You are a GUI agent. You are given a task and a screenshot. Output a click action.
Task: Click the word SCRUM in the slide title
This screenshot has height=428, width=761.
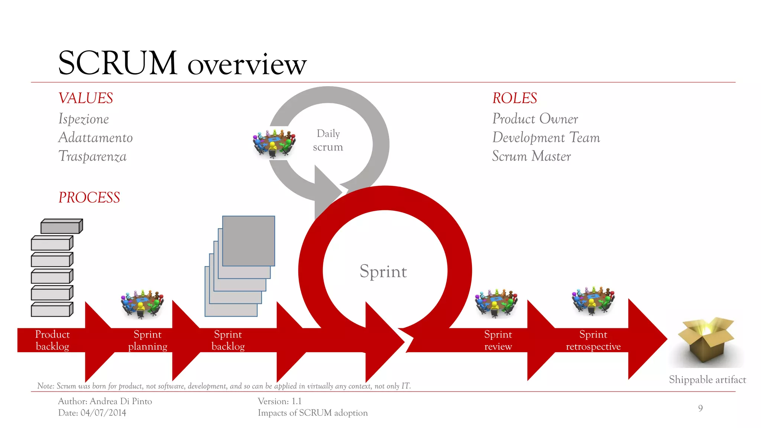[x=117, y=63]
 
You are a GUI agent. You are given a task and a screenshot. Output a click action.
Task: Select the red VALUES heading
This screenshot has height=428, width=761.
[x=86, y=98]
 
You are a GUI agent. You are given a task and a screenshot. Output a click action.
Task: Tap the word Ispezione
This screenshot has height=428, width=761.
[x=84, y=119]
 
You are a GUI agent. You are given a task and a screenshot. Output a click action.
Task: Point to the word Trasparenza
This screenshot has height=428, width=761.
[x=93, y=156]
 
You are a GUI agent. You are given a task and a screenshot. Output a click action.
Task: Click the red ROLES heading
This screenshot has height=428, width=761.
[x=515, y=98]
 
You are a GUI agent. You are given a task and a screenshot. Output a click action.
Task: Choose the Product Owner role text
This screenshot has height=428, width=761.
[x=535, y=119]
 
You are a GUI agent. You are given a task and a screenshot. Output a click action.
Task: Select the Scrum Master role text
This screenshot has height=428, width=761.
[x=531, y=156]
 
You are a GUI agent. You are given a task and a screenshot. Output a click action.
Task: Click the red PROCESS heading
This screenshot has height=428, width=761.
[x=89, y=197]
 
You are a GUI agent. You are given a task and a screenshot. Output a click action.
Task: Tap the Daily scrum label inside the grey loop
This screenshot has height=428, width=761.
[x=328, y=140]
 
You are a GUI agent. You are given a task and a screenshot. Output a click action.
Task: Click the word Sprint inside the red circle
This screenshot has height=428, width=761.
[x=383, y=271]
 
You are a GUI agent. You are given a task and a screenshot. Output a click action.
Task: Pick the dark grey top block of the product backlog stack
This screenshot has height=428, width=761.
[x=61, y=226]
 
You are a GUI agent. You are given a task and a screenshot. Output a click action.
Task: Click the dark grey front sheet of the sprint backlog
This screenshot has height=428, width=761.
[x=248, y=241]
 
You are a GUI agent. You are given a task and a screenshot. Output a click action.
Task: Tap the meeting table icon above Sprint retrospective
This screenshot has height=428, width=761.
[x=593, y=301]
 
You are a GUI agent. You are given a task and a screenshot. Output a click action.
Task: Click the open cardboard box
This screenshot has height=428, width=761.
[x=706, y=340]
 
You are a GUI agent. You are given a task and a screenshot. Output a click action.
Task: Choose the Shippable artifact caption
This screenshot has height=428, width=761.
[x=707, y=380]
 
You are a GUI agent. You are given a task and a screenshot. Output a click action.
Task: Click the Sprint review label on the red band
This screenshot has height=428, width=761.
[x=498, y=340]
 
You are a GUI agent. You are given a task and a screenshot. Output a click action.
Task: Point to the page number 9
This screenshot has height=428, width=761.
[x=700, y=408]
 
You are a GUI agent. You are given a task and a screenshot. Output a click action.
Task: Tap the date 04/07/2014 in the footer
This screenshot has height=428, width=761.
[x=103, y=413]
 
